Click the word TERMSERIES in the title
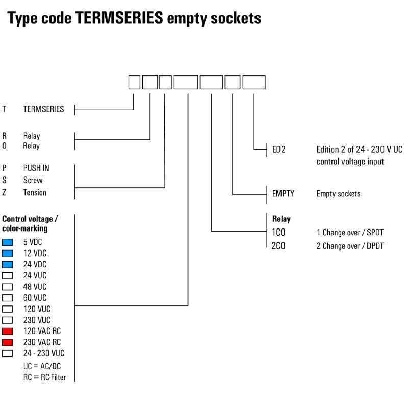120,18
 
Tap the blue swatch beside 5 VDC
8,242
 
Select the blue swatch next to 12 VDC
8,253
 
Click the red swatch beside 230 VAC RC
8,342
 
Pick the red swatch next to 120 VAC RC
8,331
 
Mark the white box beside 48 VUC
8,287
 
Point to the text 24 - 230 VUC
44,353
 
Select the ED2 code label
279,150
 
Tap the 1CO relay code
279,233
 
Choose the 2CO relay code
279,246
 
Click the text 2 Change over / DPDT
350,246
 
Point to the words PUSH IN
36,168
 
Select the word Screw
33,180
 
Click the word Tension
35,192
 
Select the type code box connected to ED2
253,83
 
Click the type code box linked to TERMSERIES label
134,83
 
